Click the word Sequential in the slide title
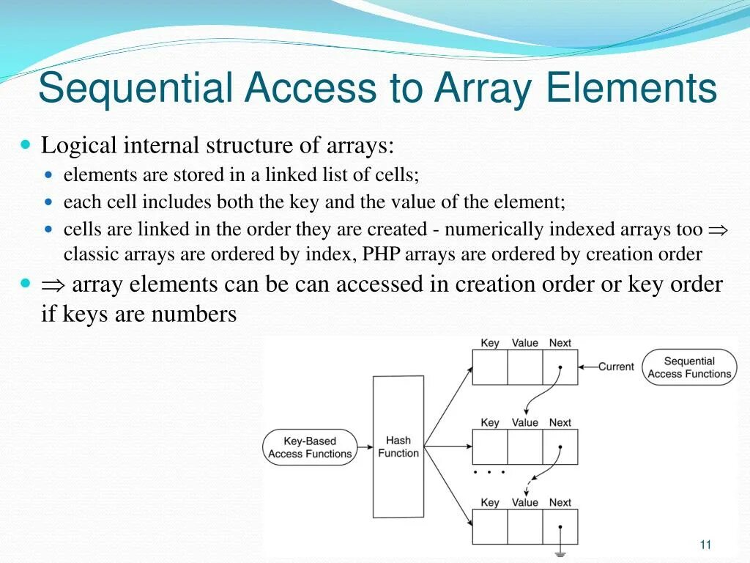coord(135,89)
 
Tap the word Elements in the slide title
coord(631,89)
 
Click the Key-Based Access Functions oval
coord(310,447)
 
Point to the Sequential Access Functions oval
coord(689,367)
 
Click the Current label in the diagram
coord(616,367)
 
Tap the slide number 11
coord(705,544)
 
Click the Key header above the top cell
coord(489,343)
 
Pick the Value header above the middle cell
coord(524,422)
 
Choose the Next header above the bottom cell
coord(560,502)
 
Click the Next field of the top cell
coord(560,367)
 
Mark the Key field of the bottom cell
coord(489,526)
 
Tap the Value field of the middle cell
coord(524,446)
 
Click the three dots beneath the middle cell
coord(489,473)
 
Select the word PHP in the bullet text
coord(377,254)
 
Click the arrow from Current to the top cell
coord(587,367)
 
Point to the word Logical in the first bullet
coord(79,145)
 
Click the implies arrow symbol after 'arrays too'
coord(718,230)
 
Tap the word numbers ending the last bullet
coord(194,314)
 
